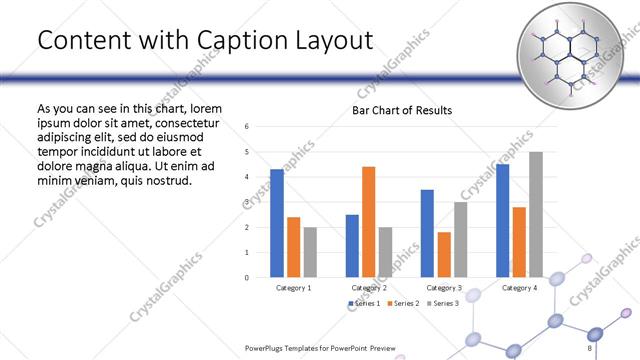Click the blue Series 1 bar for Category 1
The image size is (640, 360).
277,222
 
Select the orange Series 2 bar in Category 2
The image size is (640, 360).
368,221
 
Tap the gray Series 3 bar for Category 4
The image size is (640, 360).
536,214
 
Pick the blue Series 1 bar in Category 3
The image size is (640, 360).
427,232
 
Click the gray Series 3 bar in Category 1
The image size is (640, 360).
310,251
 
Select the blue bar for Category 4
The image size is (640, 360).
502,220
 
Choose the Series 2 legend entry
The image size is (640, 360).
404,303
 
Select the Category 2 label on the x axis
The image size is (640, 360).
369,288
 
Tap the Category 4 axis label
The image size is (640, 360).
518,288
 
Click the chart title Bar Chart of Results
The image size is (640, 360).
402,110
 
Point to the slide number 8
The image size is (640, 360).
590,348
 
